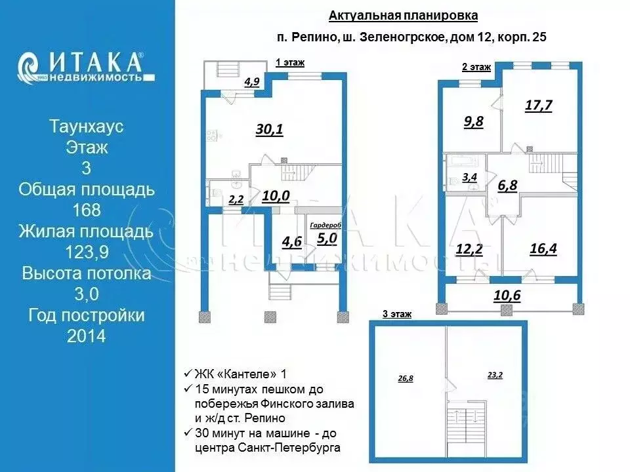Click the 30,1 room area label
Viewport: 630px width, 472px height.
click(x=270, y=129)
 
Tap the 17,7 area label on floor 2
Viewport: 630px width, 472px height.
click(x=539, y=106)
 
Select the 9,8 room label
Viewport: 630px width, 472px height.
click(x=474, y=121)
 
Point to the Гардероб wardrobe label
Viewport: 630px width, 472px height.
click(x=325, y=225)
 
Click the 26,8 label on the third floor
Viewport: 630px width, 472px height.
click(x=406, y=378)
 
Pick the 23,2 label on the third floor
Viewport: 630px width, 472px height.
click(x=495, y=375)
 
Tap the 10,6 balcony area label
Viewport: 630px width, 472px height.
click(x=507, y=296)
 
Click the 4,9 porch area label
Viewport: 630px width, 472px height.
click(x=252, y=82)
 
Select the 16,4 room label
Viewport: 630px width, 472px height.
click(x=543, y=249)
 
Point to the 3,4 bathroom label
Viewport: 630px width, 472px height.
click(x=470, y=177)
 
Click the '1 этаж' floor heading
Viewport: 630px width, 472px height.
click(x=290, y=63)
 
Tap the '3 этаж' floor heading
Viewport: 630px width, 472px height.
click(x=397, y=314)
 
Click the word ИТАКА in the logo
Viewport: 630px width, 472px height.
click(x=96, y=63)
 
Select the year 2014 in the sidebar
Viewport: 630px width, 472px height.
click(x=87, y=336)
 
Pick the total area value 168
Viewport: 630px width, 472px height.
click(x=87, y=210)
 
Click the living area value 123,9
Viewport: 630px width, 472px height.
click(x=87, y=252)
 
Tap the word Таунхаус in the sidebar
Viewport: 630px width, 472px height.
click(x=87, y=126)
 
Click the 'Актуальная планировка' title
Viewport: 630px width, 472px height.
click(x=404, y=16)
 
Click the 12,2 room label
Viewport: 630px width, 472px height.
click(x=469, y=250)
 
